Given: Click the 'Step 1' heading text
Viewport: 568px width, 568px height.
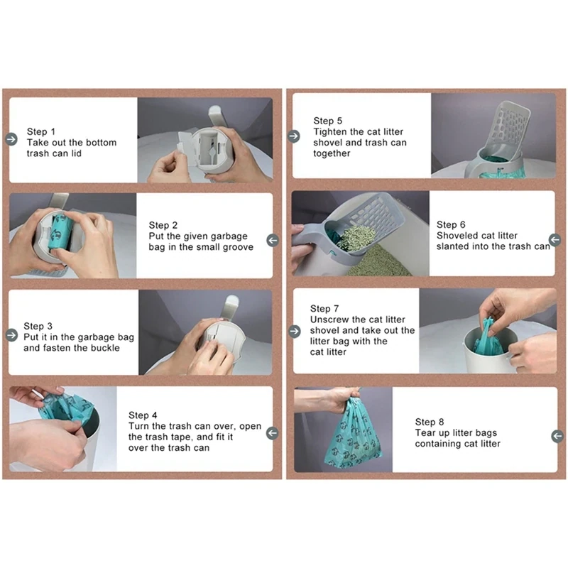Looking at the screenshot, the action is [x=41, y=131].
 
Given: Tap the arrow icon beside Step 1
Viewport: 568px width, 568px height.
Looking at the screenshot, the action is [x=11, y=139].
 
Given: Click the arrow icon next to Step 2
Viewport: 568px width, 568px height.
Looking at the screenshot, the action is [x=273, y=240].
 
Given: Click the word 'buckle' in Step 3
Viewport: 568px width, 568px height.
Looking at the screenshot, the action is [x=105, y=348].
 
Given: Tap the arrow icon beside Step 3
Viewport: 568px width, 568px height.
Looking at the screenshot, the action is [x=11, y=335].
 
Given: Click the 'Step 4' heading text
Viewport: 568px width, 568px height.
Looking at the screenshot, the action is [x=143, y=415].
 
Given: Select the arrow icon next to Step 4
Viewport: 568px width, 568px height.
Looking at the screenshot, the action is [x=273, y=433].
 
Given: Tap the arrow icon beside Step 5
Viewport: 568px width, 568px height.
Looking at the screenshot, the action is [x=294, y=136].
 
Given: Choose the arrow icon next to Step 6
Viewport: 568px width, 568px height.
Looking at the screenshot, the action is [x=555, y=239].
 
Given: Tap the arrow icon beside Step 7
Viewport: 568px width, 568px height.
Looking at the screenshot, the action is [x=295, y=331].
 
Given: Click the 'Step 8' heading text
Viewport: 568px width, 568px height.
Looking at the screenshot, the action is [x=430, y=422].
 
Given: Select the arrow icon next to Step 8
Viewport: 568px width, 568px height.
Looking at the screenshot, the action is [x=557, y=436].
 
